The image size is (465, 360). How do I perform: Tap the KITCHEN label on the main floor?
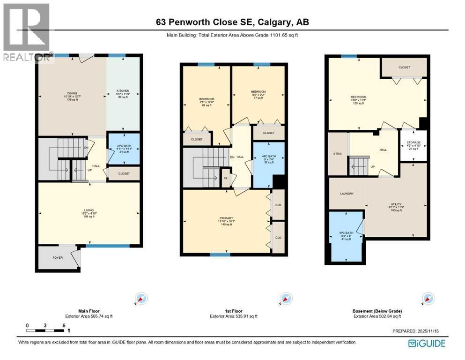123,91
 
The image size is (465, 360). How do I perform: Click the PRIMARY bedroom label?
226,218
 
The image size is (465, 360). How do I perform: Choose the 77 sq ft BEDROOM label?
258,92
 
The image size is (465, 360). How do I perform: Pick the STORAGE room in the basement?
413,142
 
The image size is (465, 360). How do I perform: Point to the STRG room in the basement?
337,153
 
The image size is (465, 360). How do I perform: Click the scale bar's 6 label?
63,325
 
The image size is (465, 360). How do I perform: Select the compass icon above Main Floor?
141,299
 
